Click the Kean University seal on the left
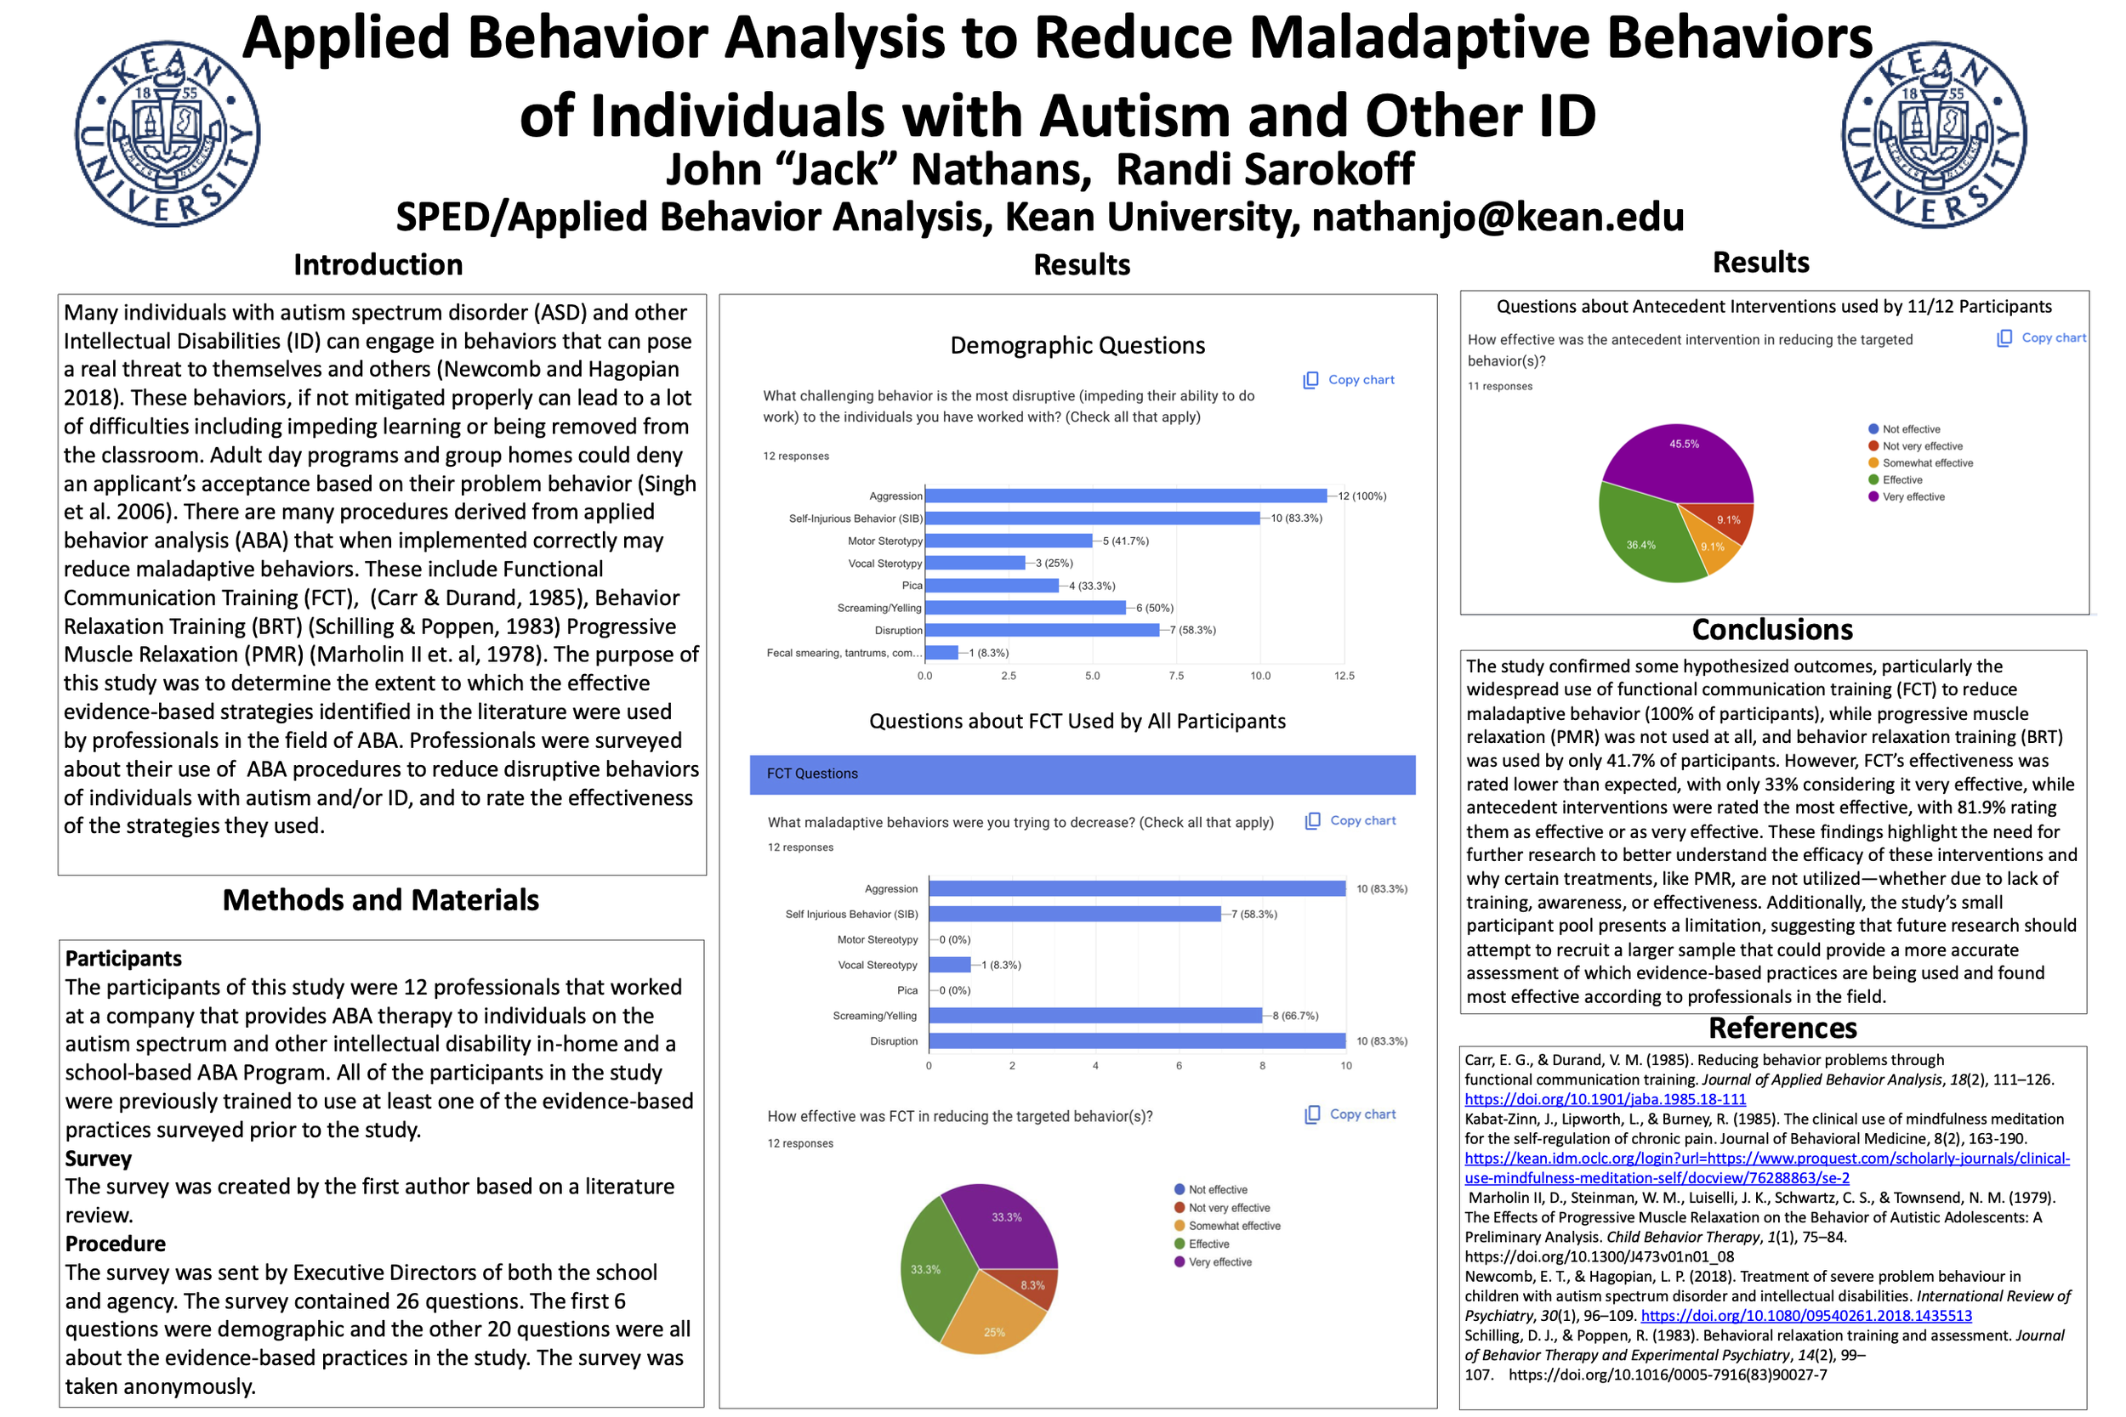[168, 133]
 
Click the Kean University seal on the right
[1934, 133]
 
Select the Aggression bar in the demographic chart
[1125, 496]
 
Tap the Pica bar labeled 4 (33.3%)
[992, 586]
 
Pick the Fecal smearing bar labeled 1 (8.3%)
[941, 653]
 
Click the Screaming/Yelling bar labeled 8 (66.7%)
[1094, 1016]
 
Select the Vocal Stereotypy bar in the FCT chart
[950, 965]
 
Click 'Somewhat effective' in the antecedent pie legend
[1926, 462]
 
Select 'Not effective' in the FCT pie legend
[1217, 1190]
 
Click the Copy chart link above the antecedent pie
[2052, 338]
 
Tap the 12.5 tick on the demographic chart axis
[1344, 676]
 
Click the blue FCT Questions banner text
[812, 774]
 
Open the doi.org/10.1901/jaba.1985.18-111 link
[1606, 1100]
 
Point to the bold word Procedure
[116, 1244]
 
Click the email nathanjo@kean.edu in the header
[1498, 218]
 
